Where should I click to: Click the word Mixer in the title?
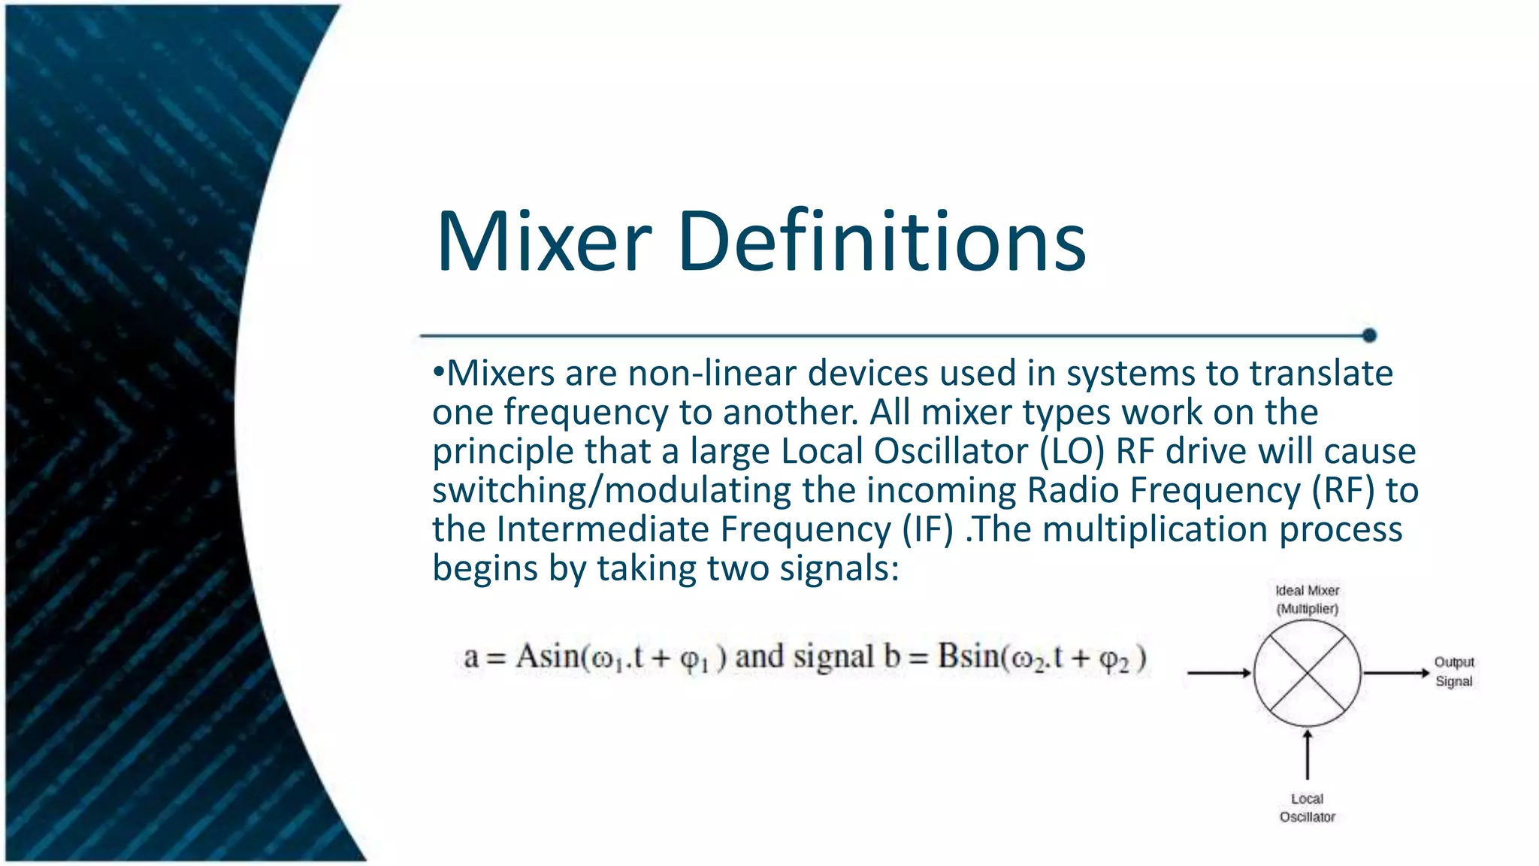(x=543, y=241)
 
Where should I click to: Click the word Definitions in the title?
(x=881, y=241)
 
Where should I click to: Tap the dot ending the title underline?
(x=1369, y=335)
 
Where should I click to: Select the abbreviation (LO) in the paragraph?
(x=1072, y=452)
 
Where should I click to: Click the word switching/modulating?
(x=612, y=491)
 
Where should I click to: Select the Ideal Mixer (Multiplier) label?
(x=1307, y=599)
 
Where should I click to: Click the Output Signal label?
(x=1453, y=671)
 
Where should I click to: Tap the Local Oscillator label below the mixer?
(x=1307, y=807)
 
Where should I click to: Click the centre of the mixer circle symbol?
(x=1307, y=673)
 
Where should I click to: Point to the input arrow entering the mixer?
(x=1218, y=673)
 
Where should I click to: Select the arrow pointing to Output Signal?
(x=1396, y=673)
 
